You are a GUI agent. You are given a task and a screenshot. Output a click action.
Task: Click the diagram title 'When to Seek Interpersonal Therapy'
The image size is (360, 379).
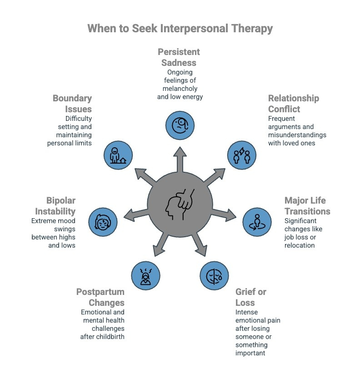coord(180,28)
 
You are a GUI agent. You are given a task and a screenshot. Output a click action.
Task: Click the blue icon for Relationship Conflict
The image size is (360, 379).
coord(241,155)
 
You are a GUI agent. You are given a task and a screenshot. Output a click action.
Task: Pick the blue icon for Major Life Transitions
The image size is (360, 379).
coord(257,220)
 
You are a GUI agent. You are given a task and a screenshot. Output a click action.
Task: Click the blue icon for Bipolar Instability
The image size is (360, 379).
coord(102,220)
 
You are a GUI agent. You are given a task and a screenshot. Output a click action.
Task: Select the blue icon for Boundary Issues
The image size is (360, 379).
coord(118,155)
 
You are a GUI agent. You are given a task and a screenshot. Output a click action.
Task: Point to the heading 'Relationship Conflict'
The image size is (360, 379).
coord(293,103)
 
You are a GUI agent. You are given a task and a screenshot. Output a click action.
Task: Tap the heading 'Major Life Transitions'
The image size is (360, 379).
coord(307,205)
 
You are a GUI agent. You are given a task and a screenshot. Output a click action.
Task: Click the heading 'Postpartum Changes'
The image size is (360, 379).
coord(100,297)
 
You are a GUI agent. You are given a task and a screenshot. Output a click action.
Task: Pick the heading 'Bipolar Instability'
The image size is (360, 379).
coord(61,205)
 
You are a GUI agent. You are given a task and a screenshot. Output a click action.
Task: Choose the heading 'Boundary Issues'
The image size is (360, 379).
coord(72,103)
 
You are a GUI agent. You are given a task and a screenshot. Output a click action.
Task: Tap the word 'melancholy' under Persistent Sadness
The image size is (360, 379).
coord(180,89)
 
